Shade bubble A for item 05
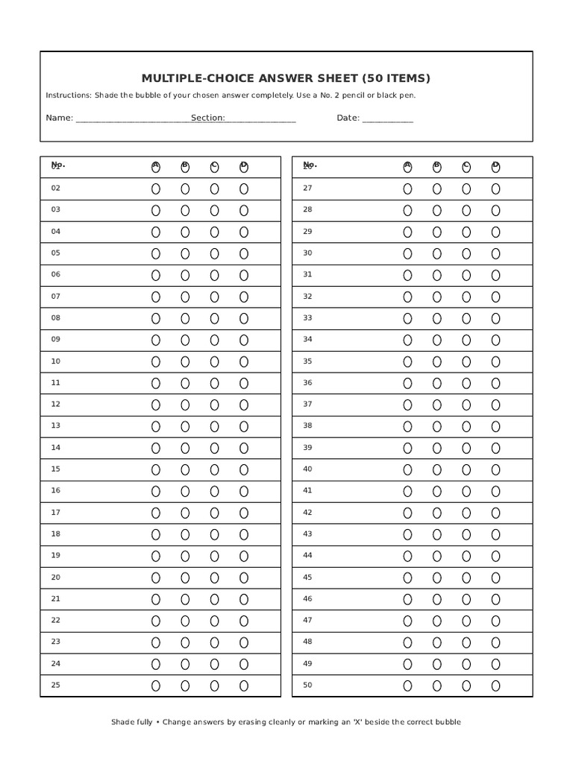(156, 254)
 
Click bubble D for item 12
(244, 405)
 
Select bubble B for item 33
(436, 319)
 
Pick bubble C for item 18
(214, 535)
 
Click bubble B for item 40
(436, 470)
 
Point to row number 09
(56, 340)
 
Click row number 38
(307, 426)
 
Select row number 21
(56, 599)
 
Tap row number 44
(307, 556)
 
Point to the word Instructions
(68, 95)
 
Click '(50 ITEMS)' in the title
(396, 78)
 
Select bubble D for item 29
(495, 232)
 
